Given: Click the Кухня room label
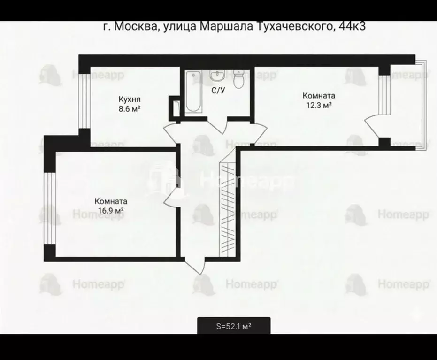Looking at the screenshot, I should (x=130, y=100).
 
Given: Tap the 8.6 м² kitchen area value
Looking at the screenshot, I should (x=130, y=108).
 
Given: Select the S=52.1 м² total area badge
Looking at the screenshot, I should (x=233, y=325).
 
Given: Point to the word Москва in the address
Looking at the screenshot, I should (x=136, y=27).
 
